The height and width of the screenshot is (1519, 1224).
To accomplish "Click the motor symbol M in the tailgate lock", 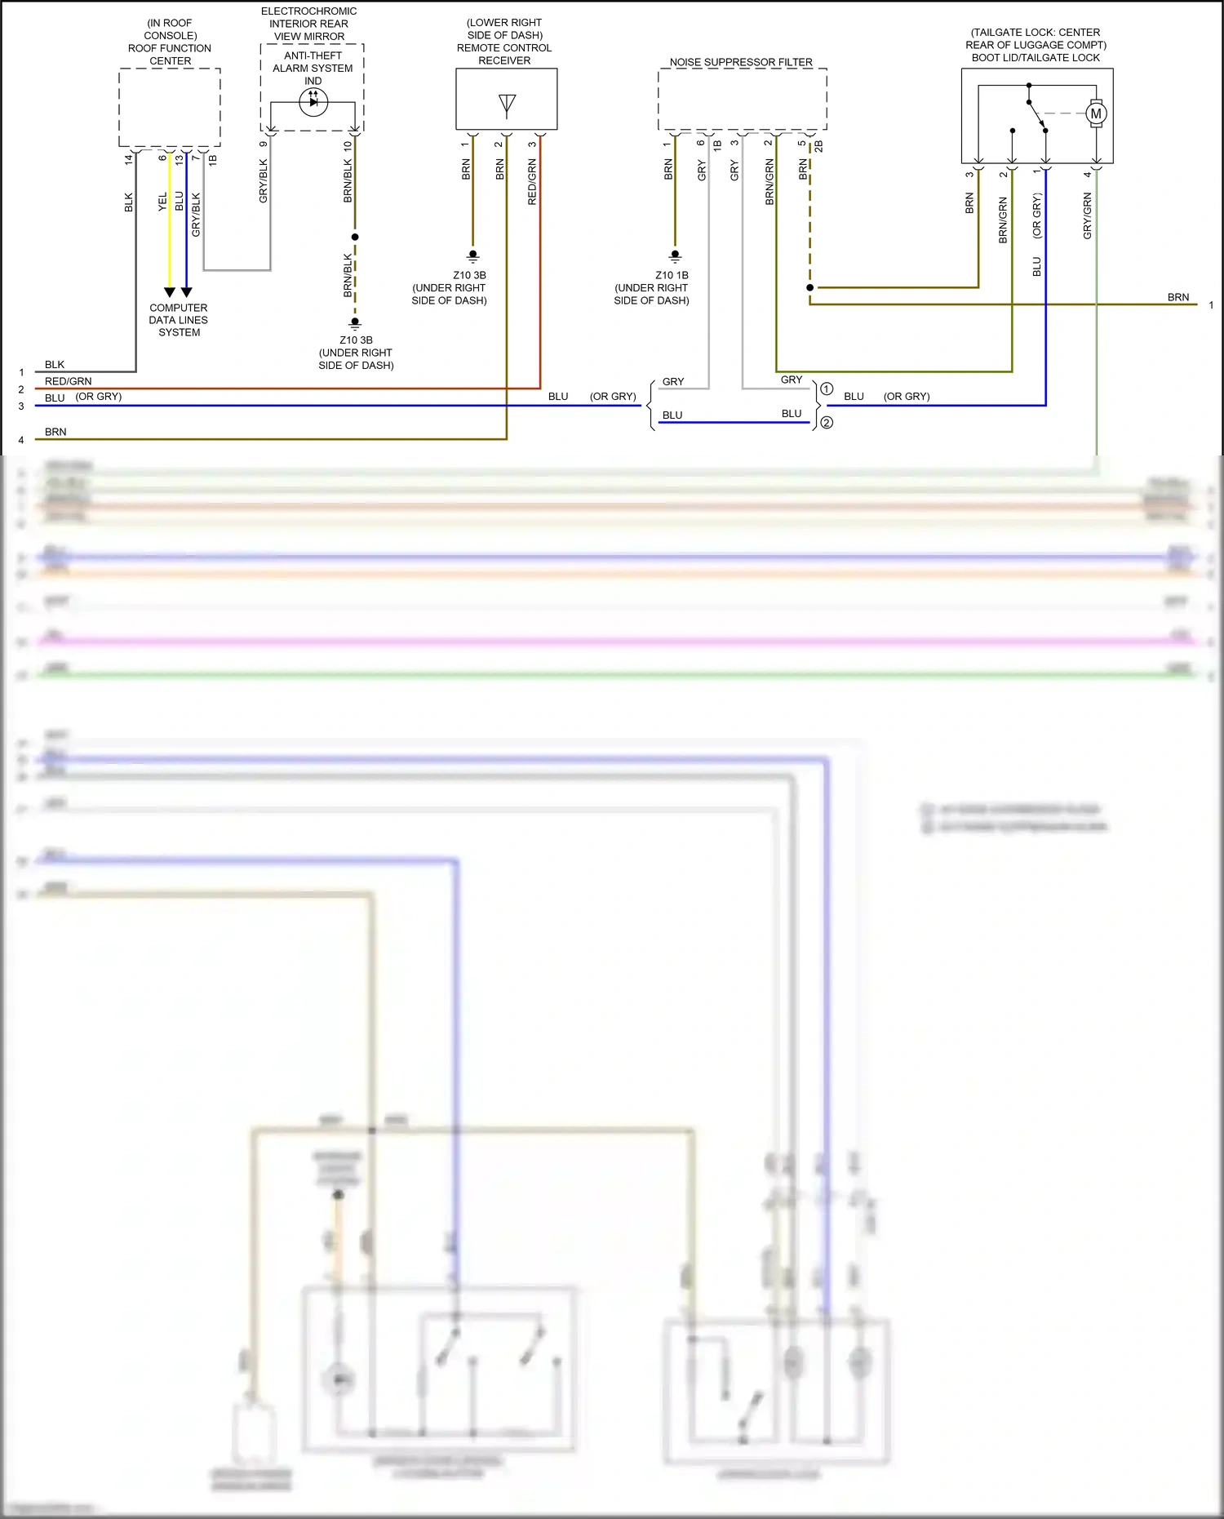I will [1096, 113].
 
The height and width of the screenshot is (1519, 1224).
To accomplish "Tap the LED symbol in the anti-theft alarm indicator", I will [313, 101].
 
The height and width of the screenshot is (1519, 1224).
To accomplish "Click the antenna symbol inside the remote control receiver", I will [507, 104].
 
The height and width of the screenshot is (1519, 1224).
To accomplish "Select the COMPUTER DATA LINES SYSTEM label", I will [178, 320].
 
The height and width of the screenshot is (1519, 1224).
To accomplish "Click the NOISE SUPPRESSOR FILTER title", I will [741, 62].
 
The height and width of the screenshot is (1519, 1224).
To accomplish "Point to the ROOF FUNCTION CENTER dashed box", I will [170, 107].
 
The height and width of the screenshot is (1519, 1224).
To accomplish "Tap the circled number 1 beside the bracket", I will [827, 389].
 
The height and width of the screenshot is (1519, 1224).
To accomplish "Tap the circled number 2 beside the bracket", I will [827, 422].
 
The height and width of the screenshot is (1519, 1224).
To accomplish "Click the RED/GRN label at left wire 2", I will [68, 381].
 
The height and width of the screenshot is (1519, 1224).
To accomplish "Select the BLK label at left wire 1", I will [55, 364].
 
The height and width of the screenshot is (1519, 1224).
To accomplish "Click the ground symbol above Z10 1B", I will [675, 256].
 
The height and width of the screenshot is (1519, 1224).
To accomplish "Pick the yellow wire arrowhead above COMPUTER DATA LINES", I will [170, 292].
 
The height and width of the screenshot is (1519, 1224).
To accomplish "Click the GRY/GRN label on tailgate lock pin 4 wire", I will [1087, 215].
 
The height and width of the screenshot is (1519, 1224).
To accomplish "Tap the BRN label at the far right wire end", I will [1177, 297].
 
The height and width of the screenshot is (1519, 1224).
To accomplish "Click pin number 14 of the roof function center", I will [128, 159].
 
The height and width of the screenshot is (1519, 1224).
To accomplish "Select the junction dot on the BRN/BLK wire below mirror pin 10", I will [355, 238].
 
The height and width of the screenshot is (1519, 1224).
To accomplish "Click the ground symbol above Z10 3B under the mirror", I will [355, 322].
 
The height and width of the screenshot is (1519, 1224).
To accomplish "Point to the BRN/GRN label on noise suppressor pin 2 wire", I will [769, 181].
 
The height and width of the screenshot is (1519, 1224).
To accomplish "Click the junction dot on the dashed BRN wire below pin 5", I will [809, 287].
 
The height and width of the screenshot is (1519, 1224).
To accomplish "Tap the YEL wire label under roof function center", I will [162, 201].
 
